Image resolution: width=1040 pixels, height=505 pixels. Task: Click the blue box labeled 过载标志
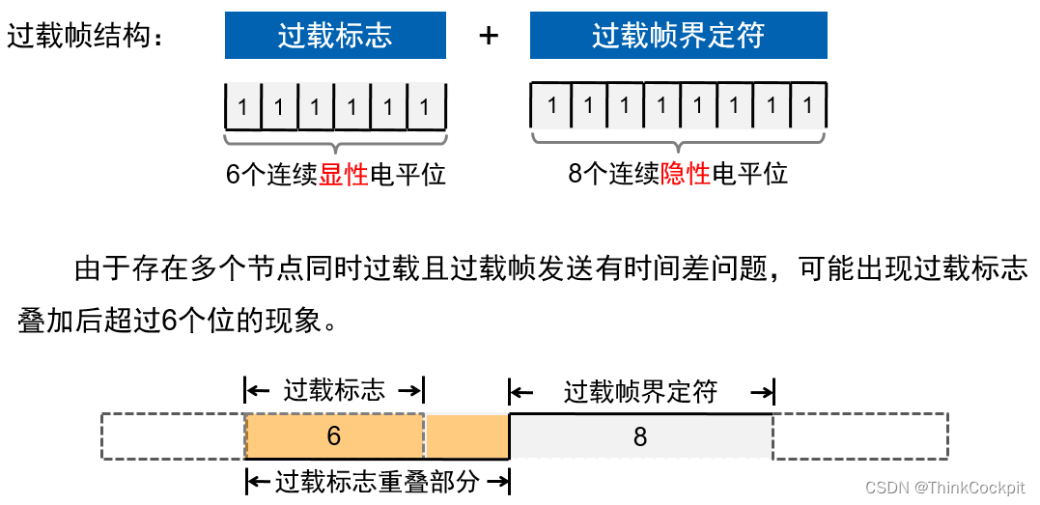coord(335,36)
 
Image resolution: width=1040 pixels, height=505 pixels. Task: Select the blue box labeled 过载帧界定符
coord(678,36)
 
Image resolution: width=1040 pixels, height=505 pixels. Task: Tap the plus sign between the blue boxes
coord(489,36)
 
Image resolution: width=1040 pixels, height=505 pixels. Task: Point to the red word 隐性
coord(686,174)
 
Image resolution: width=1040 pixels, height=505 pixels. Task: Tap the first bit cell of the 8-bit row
coord(551,105)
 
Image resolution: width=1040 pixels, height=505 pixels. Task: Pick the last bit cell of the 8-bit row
coord(808,105)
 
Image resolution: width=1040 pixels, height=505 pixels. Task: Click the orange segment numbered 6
coord(334,436)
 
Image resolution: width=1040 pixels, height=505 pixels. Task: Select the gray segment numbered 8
coord(640,436)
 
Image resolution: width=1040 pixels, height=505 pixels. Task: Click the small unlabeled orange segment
coord(466,436)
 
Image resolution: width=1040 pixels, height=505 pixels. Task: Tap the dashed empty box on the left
coord(173,436)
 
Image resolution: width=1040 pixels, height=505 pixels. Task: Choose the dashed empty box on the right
coord(860,436)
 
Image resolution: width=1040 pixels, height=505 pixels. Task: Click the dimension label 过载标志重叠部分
coord(378,481)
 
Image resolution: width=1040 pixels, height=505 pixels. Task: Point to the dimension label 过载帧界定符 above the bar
coord(641,392)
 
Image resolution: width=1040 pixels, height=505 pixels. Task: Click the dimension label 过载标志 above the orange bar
coord(334,391)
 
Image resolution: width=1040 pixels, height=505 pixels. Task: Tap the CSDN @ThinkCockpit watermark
coord(943,489)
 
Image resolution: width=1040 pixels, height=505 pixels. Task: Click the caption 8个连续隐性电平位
coord(678,174)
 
